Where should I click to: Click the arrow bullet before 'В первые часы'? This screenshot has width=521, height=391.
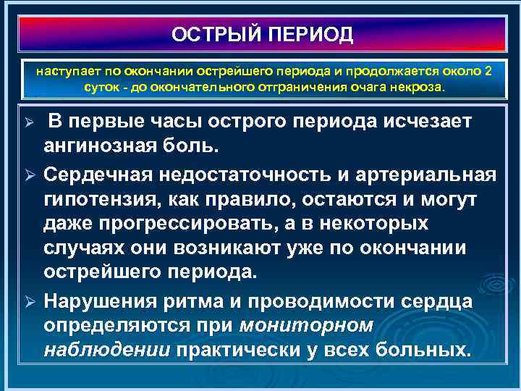[30, 122]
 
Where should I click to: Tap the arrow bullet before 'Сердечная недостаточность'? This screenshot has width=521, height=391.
[30, 175]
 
